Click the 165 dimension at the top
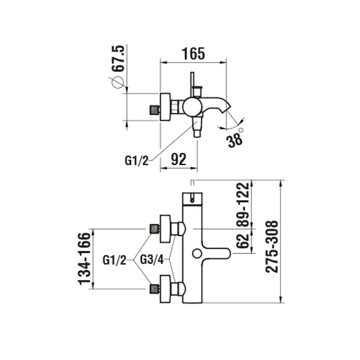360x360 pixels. [x=193, y=53]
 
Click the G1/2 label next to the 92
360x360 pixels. [x=136, y=160]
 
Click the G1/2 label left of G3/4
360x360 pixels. [x=114, y=260]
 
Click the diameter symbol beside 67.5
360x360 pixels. [x=117, y=85]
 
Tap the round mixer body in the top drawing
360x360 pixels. [x=193, y=107]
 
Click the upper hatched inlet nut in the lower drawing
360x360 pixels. [x=154, y=229]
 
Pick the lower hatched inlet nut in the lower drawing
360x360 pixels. [x=154, y=289]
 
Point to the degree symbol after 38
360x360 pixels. [x=241, y=130]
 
